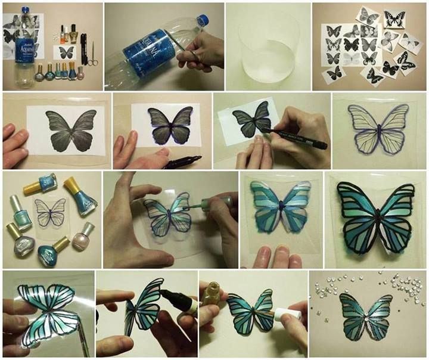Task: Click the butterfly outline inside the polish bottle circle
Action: pos(50,212)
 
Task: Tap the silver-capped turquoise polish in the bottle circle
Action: pos(20,213)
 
